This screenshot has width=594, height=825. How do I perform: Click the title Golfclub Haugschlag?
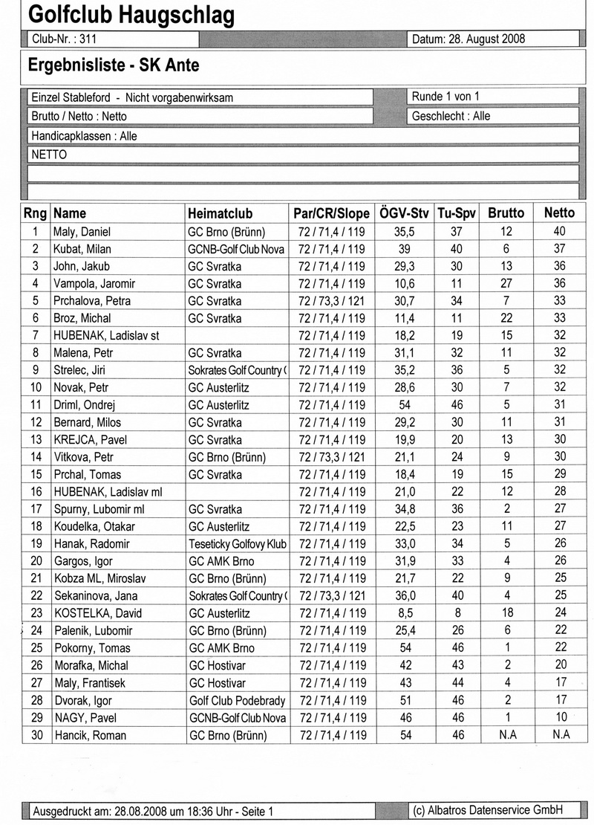(131, 15)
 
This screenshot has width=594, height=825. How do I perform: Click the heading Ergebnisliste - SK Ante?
(114, 66)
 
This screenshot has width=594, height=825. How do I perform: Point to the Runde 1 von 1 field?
(446, 97)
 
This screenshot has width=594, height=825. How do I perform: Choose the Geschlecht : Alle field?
(450, 116)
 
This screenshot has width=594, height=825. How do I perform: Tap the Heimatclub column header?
(221, 213)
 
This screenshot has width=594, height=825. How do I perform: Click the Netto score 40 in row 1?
(559, 231)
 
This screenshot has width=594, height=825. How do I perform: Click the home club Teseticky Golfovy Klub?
(237, 543)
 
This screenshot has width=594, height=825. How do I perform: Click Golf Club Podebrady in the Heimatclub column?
(235, 700)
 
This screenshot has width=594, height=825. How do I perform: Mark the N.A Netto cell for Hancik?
(560, 734)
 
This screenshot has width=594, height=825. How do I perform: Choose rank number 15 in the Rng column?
(35, 474)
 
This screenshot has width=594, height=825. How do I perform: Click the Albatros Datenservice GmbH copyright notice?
(488, 810)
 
